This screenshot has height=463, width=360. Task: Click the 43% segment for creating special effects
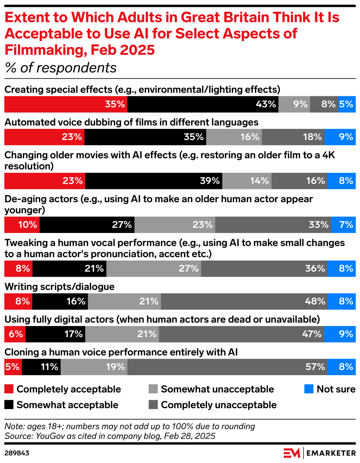click(203, 104)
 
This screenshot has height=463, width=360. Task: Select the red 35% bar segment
click(66, 104)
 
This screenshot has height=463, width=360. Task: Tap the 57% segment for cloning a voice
click(227, 367)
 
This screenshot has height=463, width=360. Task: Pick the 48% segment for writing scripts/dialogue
click(244, 302)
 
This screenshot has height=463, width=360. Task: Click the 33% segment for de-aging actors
click(273, 225)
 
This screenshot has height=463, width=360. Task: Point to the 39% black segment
click(154, 181)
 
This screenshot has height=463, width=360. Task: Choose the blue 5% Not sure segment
click(347, 104)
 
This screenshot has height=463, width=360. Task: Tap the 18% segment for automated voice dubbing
click(294, 137)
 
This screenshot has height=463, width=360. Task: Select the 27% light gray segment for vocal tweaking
click(154, 269)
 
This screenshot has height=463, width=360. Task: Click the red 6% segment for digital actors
click(15, 334)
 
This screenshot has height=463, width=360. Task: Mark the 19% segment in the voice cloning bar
click(94, 367)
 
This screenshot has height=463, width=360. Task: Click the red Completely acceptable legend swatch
click(9, 389)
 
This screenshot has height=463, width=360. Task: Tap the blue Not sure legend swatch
click(309, 389)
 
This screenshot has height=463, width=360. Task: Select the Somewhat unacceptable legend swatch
click(153, 389)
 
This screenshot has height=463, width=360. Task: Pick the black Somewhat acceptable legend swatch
click(9, 405)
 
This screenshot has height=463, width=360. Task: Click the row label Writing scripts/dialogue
click(60, 287)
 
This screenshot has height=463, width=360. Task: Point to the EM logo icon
click(292, 453)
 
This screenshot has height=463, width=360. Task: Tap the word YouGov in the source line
click(49, 436)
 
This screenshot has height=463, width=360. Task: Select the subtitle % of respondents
click(61, 68)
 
